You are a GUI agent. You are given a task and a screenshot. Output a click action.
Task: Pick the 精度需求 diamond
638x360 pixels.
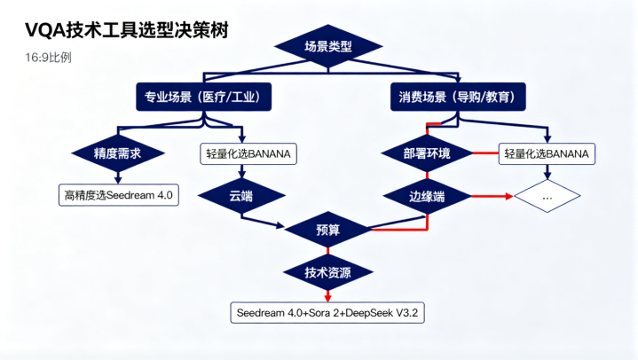pyautogui.click(x=118, y=153)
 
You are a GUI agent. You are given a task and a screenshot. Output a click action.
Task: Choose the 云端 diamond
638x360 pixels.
pyautogui.click(x=240, y=193)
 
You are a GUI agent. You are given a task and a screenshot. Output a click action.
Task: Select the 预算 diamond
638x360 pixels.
pyautogui.click(x=327, y=231)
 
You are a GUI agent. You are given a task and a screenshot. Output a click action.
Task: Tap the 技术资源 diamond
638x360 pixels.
pyautogui.click(x=327, y=271)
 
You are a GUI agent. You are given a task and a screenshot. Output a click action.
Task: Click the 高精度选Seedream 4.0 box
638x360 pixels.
pyautogui.click(x=118, y=193)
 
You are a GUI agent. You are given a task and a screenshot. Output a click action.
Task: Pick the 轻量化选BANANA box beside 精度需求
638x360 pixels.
pyautogui.click(x=248, y=153)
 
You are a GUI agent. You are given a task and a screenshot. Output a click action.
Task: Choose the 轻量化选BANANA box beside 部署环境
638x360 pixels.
pyautogui.click(x=547, y=153)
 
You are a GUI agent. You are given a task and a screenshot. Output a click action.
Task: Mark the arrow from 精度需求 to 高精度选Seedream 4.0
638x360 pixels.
pyautogui.click(x=118, y=176)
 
